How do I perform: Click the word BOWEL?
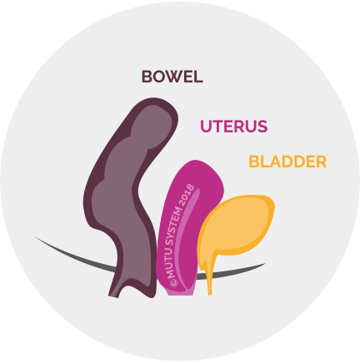pyautogui.click(x=172, y=77)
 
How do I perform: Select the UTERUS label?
pyautogui.click(x=234, y=127)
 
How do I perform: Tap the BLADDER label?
pyautogui.click(x=287, y=162)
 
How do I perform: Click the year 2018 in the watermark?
pyautogui.click(x=187, y=196)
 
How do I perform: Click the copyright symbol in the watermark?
pyautogui.click(x=173, y=282)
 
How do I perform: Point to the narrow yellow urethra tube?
pyautogui.click(x=210, y=276)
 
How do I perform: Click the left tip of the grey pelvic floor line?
pyautogui.click(x=35, y=237)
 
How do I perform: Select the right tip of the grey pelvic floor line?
pyautogui.click(x=265, y=263)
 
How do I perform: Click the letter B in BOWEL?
pyautogui.click(x=147, y=77)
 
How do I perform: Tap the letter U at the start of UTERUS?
pyautogui.click(x=206, y=127)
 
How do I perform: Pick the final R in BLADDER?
pyautogui.click(x=321, y=162)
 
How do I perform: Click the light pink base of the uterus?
pyautogui.click(x=180, y=292)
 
